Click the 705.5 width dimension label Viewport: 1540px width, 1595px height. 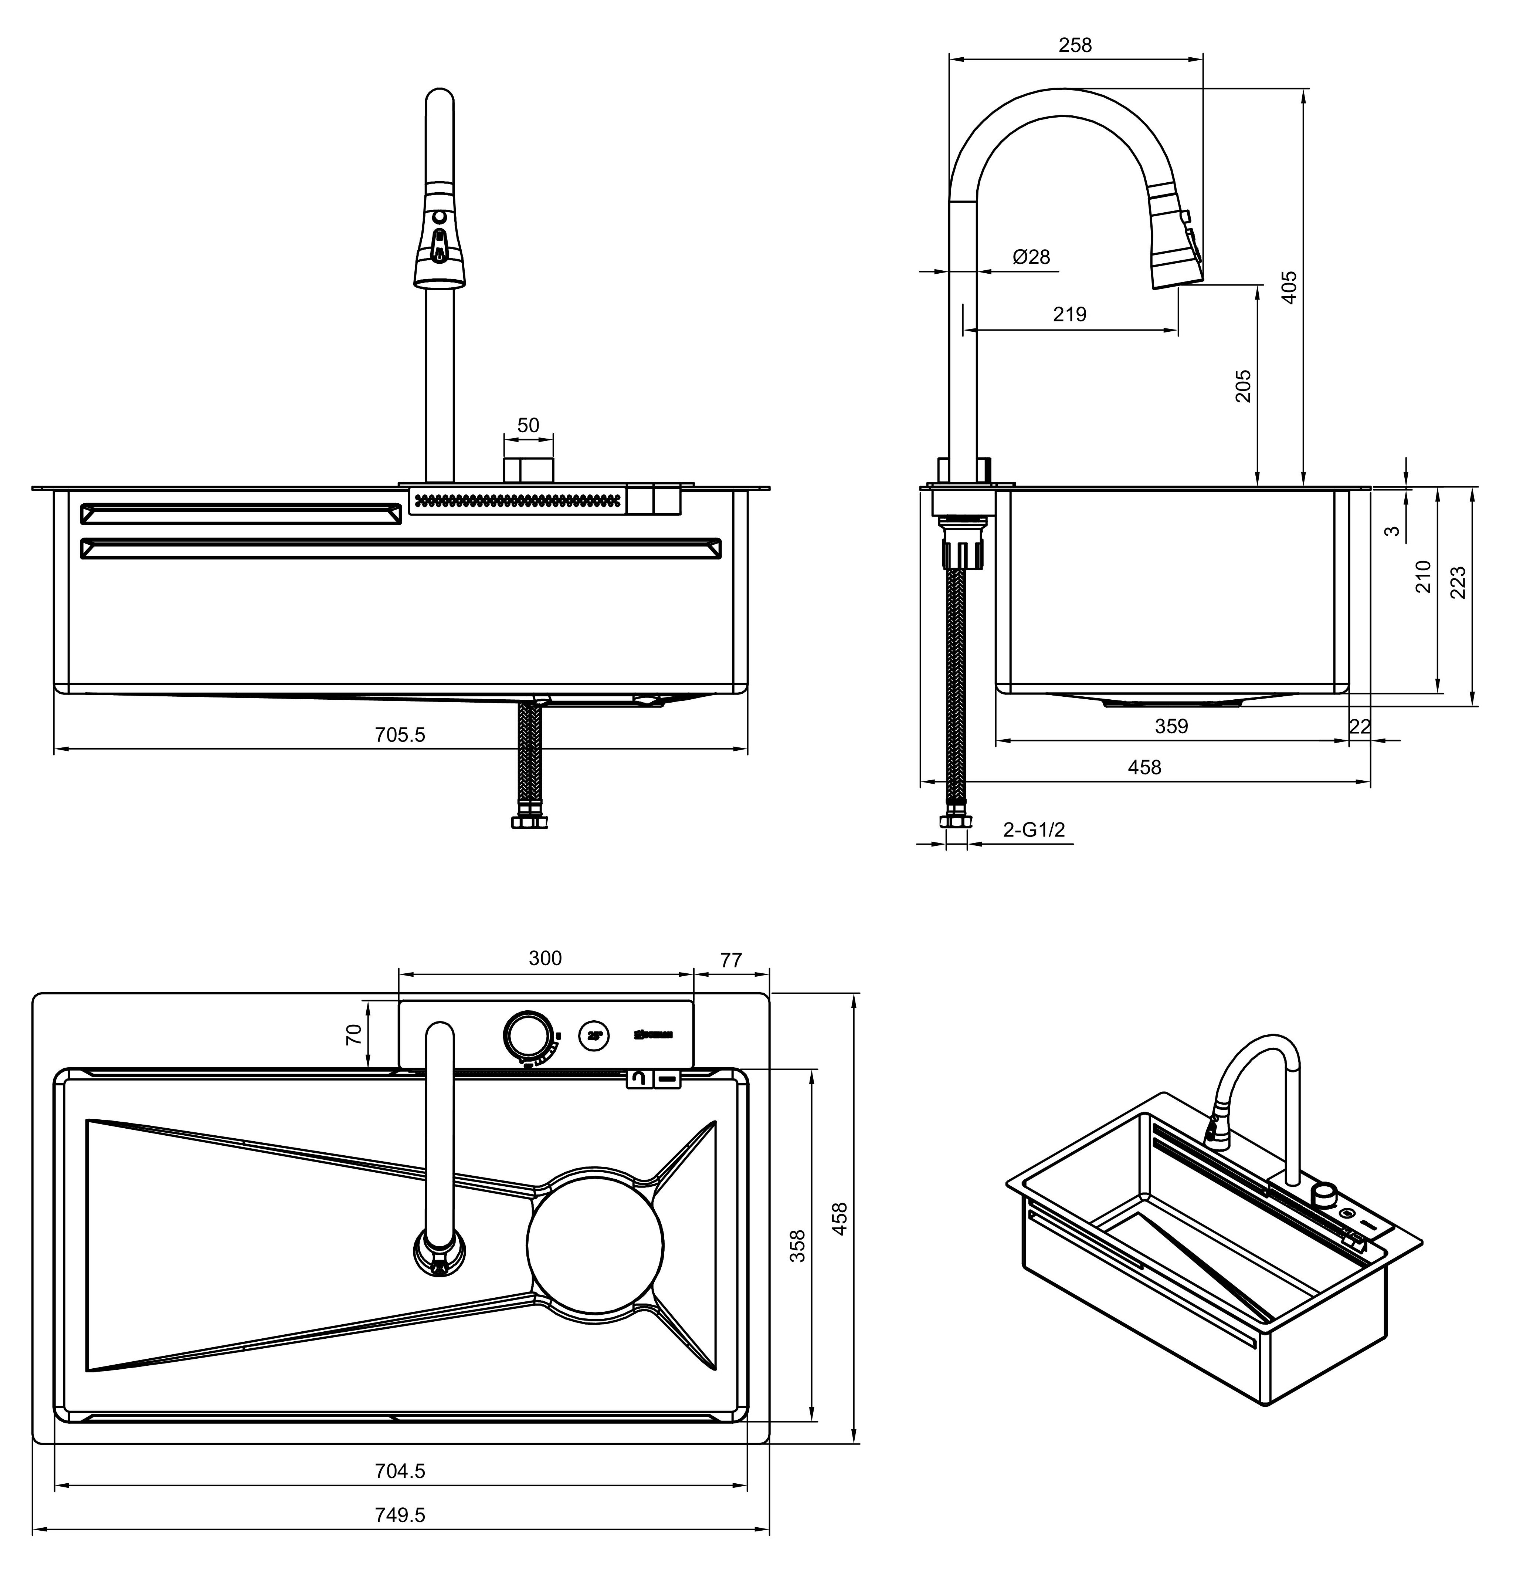(x=400, y=735)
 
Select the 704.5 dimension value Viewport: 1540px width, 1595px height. (x=400, y=1470)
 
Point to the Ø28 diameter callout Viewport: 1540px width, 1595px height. (x=1031, y=257)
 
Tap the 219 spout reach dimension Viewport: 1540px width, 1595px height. (x=1069, y=314)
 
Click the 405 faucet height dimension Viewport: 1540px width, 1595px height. (x=1289, y=287)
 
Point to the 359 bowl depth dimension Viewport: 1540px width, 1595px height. (x=1171, y=726)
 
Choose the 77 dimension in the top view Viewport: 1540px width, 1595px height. (x=730, y=960)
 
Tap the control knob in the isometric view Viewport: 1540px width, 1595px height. (x=1325, y=1192)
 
